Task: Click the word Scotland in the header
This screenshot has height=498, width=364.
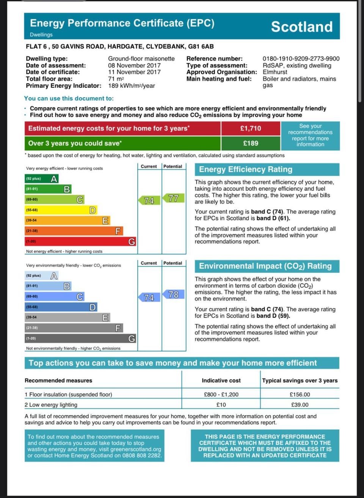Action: tap(301, 27)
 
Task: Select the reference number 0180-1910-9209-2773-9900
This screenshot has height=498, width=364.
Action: tap(301, 59)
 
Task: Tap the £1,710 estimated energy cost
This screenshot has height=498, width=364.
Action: tap(250, 128)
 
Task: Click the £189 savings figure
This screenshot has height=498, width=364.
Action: tap(250, 143)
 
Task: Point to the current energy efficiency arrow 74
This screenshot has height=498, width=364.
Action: tap(149, 200)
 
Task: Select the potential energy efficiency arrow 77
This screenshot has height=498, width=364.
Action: tap(174, 198)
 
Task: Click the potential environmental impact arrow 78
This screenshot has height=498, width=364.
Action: tap(174, 294)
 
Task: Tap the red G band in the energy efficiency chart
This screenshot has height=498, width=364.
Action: tap(80, 241)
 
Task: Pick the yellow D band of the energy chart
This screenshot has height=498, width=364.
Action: tap(61, 210)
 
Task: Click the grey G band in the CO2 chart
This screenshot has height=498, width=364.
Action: tap(80, 338)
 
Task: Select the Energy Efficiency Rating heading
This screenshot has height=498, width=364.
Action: tap(246, 169)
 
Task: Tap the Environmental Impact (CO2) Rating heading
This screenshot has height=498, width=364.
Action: tap(265, 266)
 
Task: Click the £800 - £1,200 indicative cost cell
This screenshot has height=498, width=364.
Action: tap(221, 395)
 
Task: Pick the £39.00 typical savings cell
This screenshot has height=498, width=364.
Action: tap(300, 405)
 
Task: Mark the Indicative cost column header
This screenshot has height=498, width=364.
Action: tap(221, 381)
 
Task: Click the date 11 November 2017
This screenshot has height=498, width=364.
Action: tap(134, 72)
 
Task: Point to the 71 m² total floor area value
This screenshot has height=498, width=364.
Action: tap(116, 79)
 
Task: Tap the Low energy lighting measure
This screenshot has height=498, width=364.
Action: tap(53, 405)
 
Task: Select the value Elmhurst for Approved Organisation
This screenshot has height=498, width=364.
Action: tap(275, 72)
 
